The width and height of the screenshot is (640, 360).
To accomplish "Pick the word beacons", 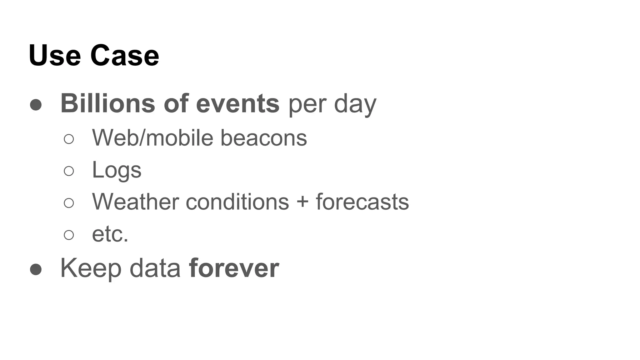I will [264, 138].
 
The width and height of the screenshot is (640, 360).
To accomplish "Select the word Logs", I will [117, 170].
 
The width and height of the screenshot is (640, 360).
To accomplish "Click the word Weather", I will [135, 202].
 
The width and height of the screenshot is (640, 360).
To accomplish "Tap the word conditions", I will [237, 202].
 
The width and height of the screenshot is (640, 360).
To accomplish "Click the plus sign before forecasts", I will [302, 202].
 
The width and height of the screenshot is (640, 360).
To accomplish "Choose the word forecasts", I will [362, 202].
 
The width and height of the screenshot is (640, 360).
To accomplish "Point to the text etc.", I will [110, 234].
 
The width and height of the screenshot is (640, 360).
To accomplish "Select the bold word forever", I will [234, 268].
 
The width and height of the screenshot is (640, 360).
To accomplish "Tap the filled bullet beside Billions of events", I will [36, 105].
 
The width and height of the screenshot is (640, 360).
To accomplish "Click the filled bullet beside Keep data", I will [36, 269].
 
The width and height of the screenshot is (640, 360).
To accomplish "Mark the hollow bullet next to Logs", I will [69, 171].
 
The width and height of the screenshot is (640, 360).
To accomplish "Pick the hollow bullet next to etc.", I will [69, 235].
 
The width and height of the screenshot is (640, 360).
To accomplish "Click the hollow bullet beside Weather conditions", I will [69, 203].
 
